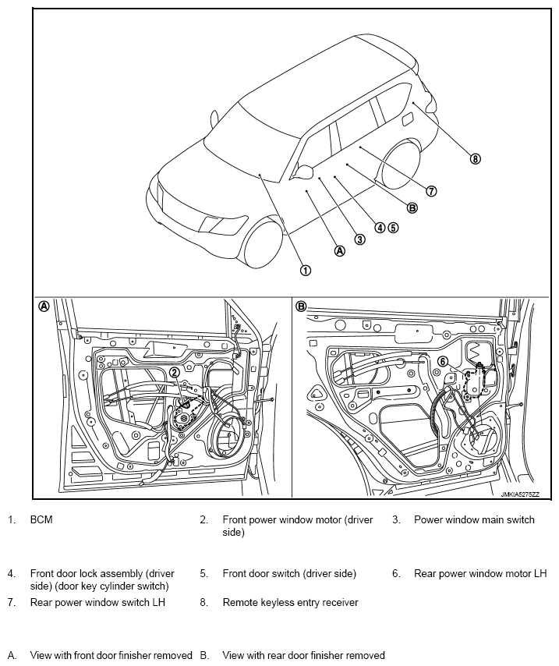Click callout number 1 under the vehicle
tap(306, 271)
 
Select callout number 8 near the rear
tap(476, 159)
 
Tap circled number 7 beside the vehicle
tap(431, 191)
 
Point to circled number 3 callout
tap(359, 239)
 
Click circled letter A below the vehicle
tap(339, 251)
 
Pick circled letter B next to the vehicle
tap(412, 207)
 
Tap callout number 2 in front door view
tap(175, 373)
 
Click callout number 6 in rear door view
tap(442, 361)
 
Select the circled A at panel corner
tap(44, 306)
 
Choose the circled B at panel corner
tap(302, 306)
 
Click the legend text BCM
tap(41, 520)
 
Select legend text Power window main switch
tap(474, 520)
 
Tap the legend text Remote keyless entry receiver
tap(290, 602)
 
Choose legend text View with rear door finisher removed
tap(303, 655)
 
